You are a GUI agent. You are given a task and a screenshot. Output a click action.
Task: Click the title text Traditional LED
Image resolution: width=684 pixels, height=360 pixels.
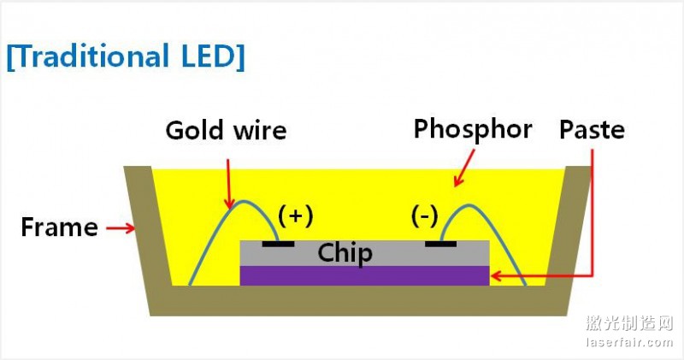126,56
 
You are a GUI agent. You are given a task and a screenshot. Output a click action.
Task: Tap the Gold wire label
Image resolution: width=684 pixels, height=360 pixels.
225,131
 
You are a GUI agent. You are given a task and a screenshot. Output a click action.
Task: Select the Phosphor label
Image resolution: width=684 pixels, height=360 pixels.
472,129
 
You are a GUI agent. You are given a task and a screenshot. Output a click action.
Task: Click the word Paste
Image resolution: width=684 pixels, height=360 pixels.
592,130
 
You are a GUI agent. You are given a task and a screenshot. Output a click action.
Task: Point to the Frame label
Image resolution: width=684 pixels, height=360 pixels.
59,228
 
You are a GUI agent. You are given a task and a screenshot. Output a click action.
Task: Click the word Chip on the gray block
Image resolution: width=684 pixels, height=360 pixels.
345,253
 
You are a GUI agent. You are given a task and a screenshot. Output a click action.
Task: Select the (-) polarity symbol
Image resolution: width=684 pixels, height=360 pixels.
424,216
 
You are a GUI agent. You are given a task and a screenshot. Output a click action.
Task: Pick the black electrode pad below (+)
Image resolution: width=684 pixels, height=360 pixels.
279,244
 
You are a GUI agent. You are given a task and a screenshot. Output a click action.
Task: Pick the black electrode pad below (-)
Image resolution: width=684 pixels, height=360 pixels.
441,244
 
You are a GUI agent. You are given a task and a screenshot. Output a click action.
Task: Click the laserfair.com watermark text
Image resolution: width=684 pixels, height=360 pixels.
629,343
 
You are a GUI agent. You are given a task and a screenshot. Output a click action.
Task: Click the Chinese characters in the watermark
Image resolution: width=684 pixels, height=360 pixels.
629,323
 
